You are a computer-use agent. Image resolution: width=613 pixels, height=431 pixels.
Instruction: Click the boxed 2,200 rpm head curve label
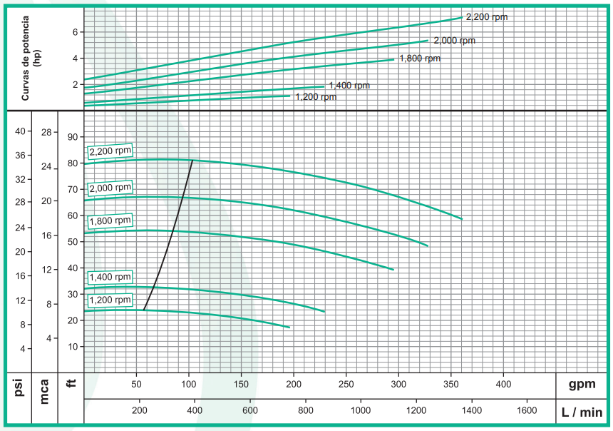[110, 151]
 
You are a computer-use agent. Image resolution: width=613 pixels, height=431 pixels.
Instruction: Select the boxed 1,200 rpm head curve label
[110, 300]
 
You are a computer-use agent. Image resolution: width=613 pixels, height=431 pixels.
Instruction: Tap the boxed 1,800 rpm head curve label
[110, 220]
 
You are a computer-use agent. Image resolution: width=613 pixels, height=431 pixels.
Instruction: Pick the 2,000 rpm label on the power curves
[454, 41]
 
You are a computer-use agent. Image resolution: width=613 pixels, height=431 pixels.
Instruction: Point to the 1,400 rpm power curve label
[349, 86]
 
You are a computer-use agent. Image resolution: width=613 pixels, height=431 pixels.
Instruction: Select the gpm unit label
[582, 385]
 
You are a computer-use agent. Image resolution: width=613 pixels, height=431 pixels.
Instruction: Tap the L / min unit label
[582, 412]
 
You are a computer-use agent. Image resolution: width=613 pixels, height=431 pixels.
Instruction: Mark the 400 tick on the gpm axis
[503, 385]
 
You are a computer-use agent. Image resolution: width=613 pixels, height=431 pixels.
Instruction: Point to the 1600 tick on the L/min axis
[526, 411]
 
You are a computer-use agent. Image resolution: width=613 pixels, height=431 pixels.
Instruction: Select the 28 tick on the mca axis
[46, 132]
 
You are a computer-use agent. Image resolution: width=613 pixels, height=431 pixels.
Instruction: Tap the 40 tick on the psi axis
[20, 131]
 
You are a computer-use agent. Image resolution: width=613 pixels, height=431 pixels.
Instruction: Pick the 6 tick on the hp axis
[73, 32]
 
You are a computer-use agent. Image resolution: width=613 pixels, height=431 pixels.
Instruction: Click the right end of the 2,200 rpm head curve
[462, 218]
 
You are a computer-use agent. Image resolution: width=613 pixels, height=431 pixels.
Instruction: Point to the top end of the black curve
[193, 161]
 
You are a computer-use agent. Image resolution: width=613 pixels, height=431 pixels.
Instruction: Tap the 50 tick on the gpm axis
[137, 385]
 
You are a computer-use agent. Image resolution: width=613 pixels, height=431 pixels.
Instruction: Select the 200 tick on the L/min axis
[140, 411]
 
